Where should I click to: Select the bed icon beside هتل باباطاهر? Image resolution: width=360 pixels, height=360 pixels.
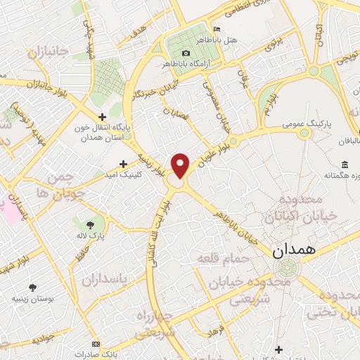pyautogui.click(x=217, y=28)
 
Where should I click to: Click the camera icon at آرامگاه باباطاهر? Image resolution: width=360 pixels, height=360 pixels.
pyautogui.click(x=186, y=53)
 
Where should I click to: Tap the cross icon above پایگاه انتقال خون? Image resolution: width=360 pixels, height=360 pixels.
pyautogui.click(x=103, y=117)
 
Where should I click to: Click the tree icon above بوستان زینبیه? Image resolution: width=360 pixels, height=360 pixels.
pyautogui.click(x=32, y=287)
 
